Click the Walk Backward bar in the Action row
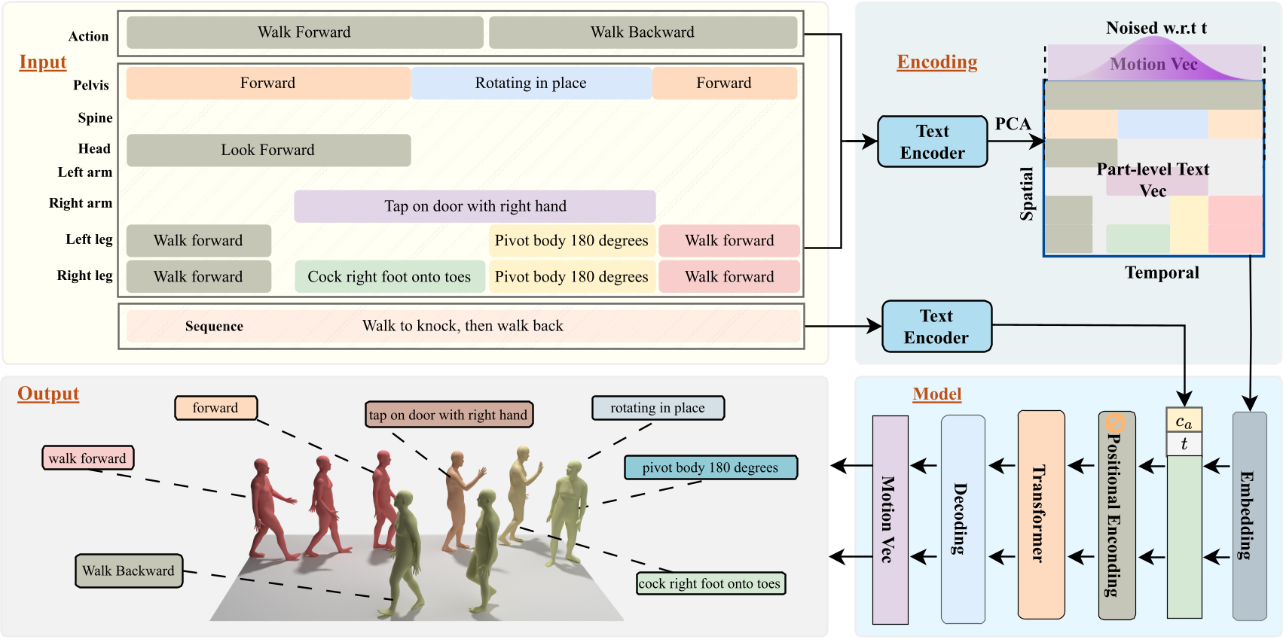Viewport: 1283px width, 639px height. pyautogui.click(x=643, y=32)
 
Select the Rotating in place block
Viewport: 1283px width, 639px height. pyautogui.click(x=530, y=83)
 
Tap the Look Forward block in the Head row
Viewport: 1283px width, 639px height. pyautogui.click(x=268, y=150)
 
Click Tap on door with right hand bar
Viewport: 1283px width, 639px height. pyautogui.click(x=475, y=206)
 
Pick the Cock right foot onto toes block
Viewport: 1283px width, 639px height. pyautogui.click(x=389, y=277)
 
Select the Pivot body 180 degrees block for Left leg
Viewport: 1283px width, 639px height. pyautogui.click(x=571, y=241)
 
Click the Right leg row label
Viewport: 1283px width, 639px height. pyautogui.click(x=84, y=275)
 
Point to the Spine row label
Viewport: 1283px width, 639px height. pyautogui.click(x=95, y=118)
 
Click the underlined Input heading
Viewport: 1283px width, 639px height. pyautogui.click(x=43, y=62)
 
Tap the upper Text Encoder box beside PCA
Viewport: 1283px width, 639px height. pyautogui.click(x=932, y=141)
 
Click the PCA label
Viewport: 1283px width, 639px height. pyautogui.click(x=1013, y=124)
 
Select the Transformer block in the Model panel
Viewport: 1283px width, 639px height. pyautogui.click(x=1040, y=514)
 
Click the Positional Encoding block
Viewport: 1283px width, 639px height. pyautogui.click(x=1116, y=516)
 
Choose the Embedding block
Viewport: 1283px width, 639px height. pyautogui.click(x=1248, y=516)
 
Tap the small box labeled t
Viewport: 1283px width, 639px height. pyautogui.click(x=1184, y=444)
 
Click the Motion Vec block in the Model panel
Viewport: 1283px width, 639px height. pyautogui.click(x=890, y=519)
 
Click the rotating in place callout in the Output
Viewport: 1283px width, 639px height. pyautogui.click(x=657, y=408)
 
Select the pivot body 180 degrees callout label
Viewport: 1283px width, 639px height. pyautogui.click(x=710, y=467)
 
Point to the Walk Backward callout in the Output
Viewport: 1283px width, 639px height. pyautogui.click(x=129, y=571)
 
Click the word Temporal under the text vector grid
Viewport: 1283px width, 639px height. pyautogui.click(x=1162, y=272)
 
